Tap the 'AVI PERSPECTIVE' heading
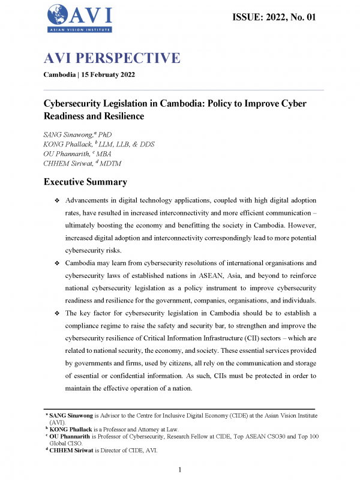(112, 58)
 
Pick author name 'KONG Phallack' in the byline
(67, 146)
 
